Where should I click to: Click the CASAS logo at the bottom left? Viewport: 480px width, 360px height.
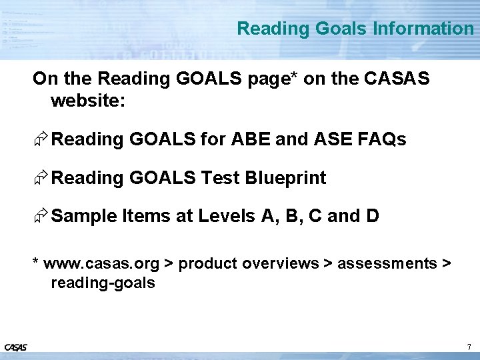[x=15, y=347]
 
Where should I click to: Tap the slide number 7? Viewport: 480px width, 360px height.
[x=469, y=347]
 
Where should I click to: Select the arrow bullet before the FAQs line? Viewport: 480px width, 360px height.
[x=41, y=140]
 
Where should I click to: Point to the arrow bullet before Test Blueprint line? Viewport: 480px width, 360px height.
[x=41, y=179]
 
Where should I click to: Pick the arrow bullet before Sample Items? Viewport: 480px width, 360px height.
[x=41, y=217]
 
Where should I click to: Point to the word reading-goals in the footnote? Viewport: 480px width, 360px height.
[x=103, y=283]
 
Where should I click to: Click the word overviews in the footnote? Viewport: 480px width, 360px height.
[x=281, y=264]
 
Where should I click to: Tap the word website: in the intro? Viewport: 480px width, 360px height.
[x=87, y=101]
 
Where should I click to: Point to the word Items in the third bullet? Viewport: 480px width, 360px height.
[x=145, y=217]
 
